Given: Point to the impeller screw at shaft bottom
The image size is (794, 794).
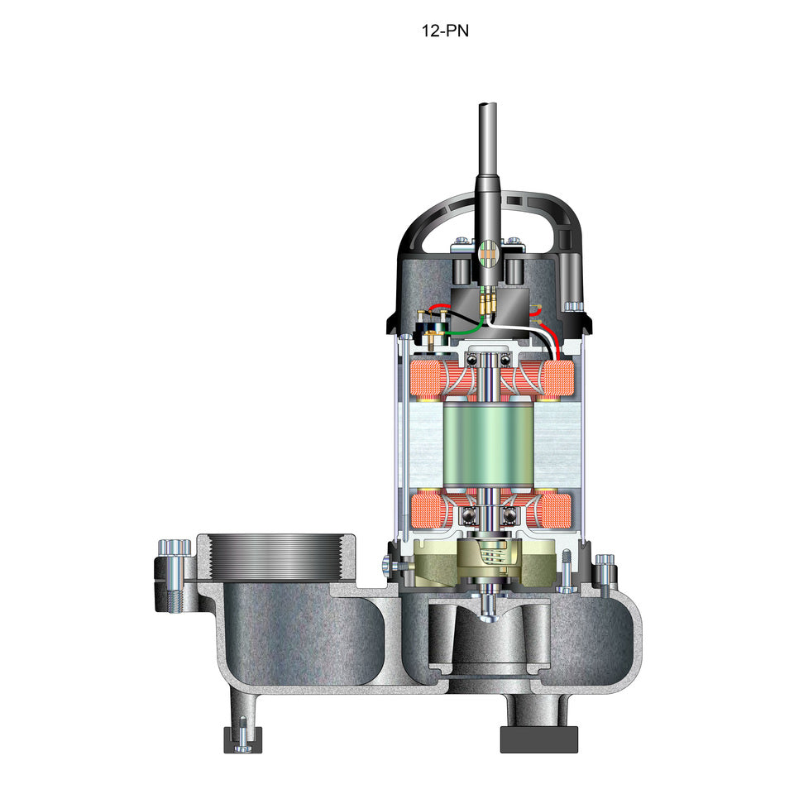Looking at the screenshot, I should click(x=490, y=611).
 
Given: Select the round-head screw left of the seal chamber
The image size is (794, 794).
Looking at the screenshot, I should click(x=390, y=564).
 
